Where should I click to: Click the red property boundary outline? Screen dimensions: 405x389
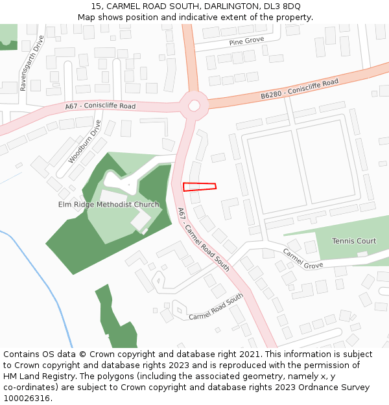(x=199, y=187)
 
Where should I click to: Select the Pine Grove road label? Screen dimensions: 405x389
(x=246, y=41)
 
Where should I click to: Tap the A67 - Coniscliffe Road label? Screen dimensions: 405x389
(x=100, y=106)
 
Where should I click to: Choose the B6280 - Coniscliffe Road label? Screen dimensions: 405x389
(x=300, y=89)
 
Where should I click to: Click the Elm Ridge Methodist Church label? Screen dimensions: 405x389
(x=109, y=205)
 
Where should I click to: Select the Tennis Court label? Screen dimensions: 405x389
(x=354, y=241)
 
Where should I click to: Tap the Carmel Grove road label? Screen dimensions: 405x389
(x=302, y=258)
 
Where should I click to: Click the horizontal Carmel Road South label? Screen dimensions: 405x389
(x=215, y=307)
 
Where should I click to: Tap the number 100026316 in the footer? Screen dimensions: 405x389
(x=28, y=399)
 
